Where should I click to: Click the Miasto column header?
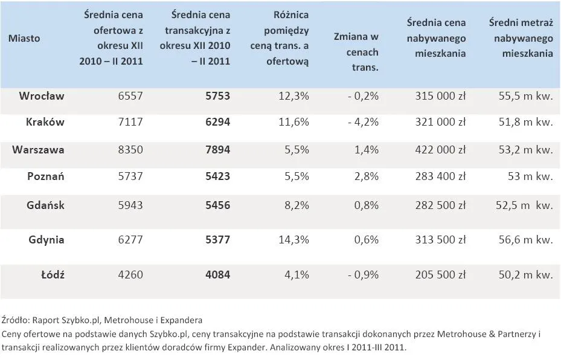click(24, 38)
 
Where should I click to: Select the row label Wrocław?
click(42, 96)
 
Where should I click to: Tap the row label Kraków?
click(45, 122)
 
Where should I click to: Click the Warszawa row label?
click(39, 150)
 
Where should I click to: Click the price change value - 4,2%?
click(363, 122)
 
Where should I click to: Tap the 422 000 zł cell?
click(440, 150)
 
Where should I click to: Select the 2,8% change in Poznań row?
click(367, 177)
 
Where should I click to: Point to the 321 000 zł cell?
click(440, 122)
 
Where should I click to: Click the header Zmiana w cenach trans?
click(356, 52)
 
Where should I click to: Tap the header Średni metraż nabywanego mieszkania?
click(521, 38)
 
